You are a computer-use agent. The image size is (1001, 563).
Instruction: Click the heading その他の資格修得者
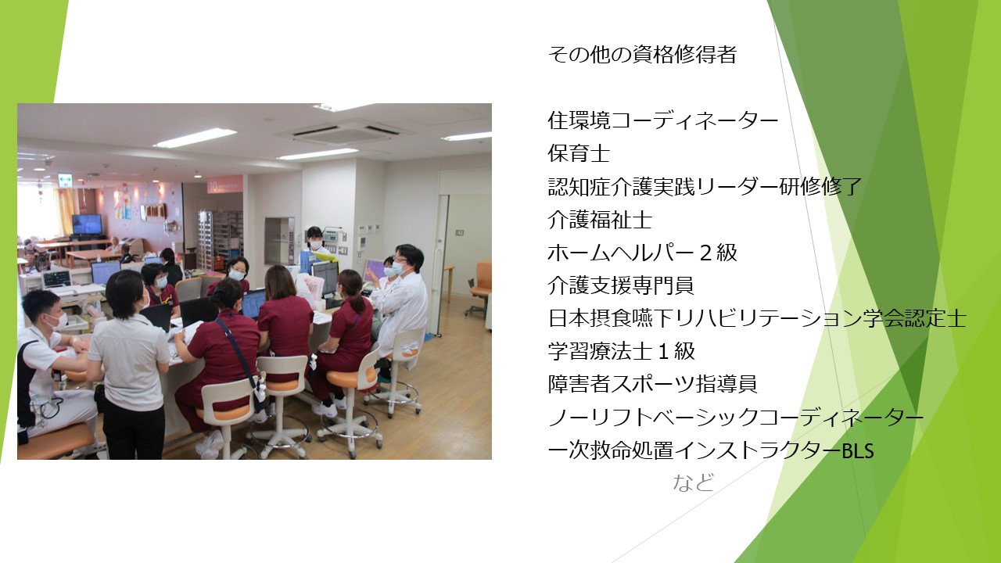click(642, 55)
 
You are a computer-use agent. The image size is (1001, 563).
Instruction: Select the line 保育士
click(579, 154)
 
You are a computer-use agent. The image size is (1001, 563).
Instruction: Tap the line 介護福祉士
click(600, 220)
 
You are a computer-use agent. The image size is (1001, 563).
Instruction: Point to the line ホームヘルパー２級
click(642, 253)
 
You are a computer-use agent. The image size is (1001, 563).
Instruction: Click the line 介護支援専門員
click(621, 286)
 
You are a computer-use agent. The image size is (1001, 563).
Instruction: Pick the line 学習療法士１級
click(621, 351)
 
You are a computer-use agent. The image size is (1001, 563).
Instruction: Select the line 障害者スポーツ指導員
click(652, 384)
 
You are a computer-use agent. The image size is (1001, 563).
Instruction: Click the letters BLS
click(858, 451)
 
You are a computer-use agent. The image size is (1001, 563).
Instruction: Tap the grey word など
click(693, 483)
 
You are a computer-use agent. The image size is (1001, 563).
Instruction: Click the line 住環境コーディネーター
click(663, 120)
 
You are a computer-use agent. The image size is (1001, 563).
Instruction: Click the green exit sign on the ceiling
click(65, 180)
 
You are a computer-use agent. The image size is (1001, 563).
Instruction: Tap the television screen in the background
click(87, 224)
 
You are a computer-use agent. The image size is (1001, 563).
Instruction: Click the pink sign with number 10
click(224, 184)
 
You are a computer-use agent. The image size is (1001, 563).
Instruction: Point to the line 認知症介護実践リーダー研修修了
click(705, 187)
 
